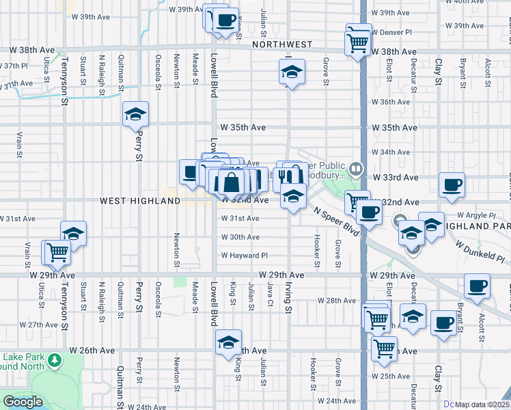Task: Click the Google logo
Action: tap(23, 402)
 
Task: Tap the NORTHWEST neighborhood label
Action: tap(281, 44)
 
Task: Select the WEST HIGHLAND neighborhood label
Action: tap(140, 201)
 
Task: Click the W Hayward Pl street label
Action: tap(244, 256)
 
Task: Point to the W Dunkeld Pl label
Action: tap(482, 256)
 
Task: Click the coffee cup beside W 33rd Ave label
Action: tap(452, 184)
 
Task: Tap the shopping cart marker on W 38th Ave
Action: tap(359, 43)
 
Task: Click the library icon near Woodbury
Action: tap(355, 168)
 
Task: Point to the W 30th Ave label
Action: tap(240, 237)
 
